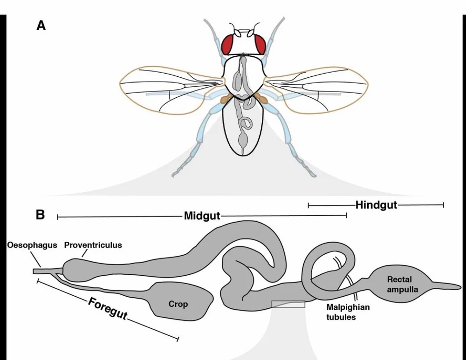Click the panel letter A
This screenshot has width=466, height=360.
41,26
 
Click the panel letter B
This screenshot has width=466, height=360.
41,215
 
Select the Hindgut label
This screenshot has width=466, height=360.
376,204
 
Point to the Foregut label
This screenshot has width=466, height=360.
108,308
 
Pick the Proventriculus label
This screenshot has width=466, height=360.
93,245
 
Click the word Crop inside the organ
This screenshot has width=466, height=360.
178,304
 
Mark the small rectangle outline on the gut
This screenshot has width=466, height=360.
288,304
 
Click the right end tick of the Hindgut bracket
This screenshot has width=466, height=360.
443,204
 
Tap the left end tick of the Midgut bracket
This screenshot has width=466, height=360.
57,217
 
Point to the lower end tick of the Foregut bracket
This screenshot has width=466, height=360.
178,337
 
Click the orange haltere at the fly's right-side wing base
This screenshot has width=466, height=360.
262,99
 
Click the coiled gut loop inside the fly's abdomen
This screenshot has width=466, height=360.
246,124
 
